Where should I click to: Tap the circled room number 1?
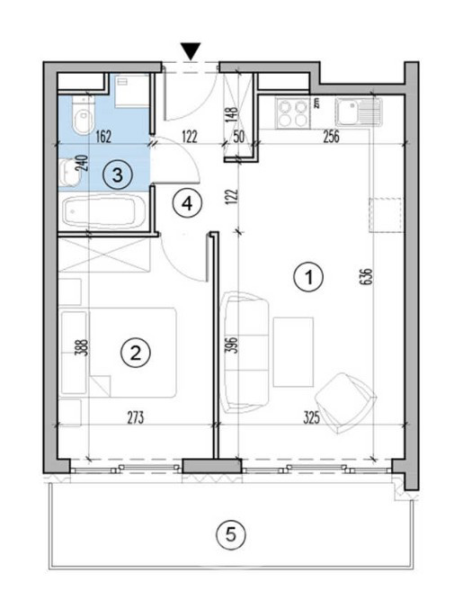tap(308, 277)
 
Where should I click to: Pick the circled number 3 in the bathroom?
tap(118, 175)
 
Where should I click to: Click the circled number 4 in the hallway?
tap(187, 204)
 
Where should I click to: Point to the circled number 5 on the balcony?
tap(231, 534)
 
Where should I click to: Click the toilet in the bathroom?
tap(83, 114)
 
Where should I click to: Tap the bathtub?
tap(103, 211)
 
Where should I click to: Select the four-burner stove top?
tap(294, 113)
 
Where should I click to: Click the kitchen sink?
tap(359, 112)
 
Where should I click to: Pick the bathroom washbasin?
tap(70, 173)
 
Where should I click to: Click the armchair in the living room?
tap(346, 403)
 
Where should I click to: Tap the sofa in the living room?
tap(245, 352)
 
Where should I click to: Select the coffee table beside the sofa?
tap(293, 352)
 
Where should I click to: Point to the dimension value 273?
tap(136, 418)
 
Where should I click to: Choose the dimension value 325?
tap(312, 418)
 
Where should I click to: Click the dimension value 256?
tap(331, 137)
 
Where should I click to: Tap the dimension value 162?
tap(103, 137)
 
